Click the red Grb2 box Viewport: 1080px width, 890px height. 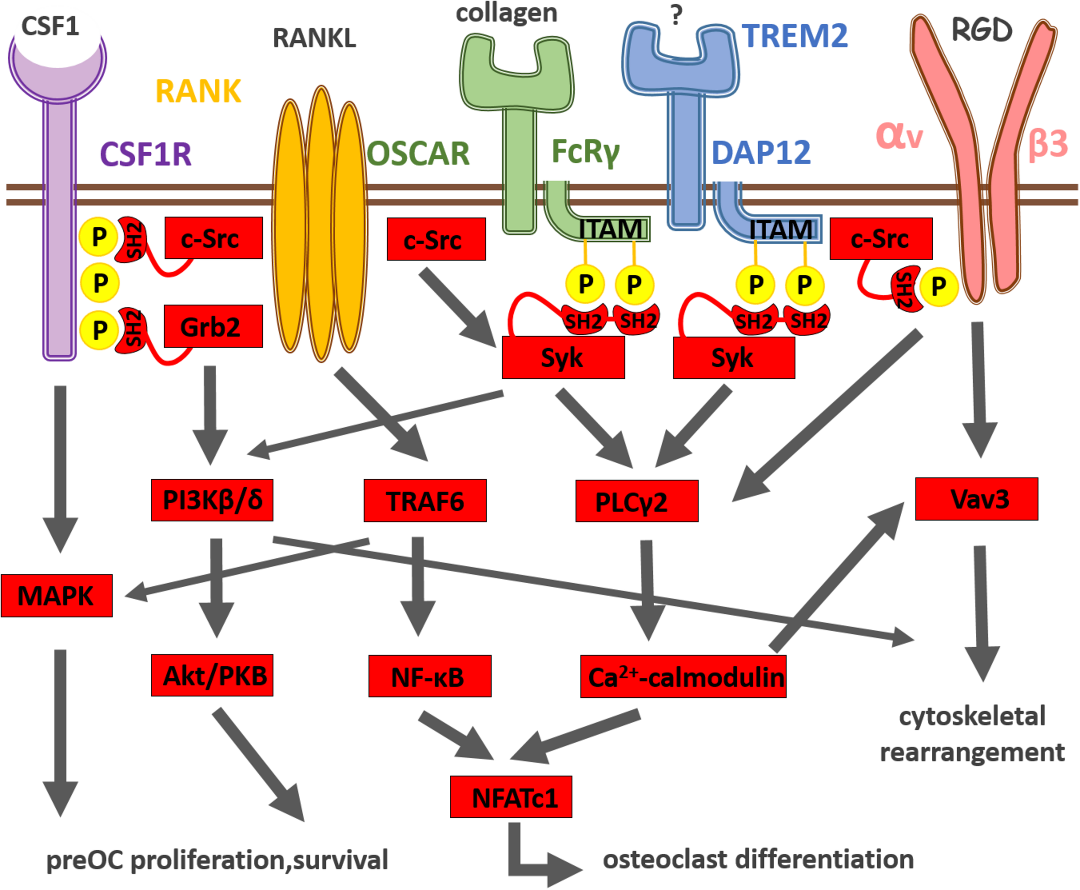[213, 327]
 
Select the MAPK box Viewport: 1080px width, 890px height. [57, 595]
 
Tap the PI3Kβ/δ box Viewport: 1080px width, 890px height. [212, 500]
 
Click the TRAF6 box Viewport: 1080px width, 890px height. [425, 501]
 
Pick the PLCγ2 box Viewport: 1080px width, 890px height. [637, 502]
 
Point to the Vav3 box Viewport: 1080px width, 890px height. [976, 499]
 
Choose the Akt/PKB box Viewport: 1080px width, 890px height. [212, 675]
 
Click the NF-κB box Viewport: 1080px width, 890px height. [429, 676]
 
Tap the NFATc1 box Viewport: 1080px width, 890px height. [511, 797]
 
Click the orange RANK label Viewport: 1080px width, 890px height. [198, 92]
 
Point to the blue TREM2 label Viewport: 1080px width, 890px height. [794, 36]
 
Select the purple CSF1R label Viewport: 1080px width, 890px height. [146, 154]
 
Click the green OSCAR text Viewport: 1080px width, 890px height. [418, 153]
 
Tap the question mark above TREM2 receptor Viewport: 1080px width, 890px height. [676, 16]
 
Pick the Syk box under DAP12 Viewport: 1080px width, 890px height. [734, 358]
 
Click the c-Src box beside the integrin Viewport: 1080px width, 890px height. [880, 238]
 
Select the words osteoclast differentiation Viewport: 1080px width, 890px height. [758, 859]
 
